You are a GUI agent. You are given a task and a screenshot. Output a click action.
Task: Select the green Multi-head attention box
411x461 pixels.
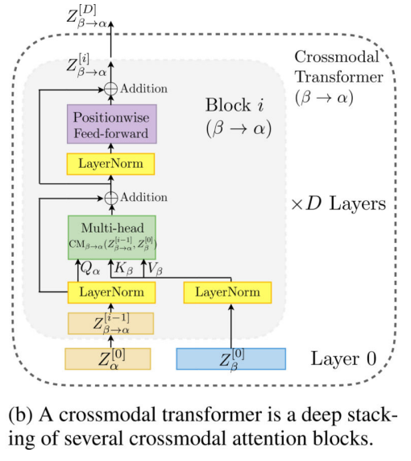pos(111,235)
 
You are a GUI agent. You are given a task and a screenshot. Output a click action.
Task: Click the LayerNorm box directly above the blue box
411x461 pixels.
pos(230,291)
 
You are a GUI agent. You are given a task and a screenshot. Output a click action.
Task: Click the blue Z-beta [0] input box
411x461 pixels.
pos(230,358)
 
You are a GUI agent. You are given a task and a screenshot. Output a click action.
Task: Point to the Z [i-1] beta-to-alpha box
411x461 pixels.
pos(110,324)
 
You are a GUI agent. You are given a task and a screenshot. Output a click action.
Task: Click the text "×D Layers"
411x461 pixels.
pos(338,203)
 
